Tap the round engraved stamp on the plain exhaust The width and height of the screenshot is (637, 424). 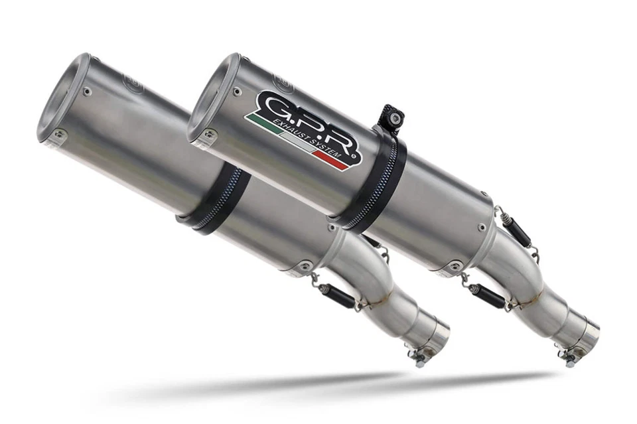132,84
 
